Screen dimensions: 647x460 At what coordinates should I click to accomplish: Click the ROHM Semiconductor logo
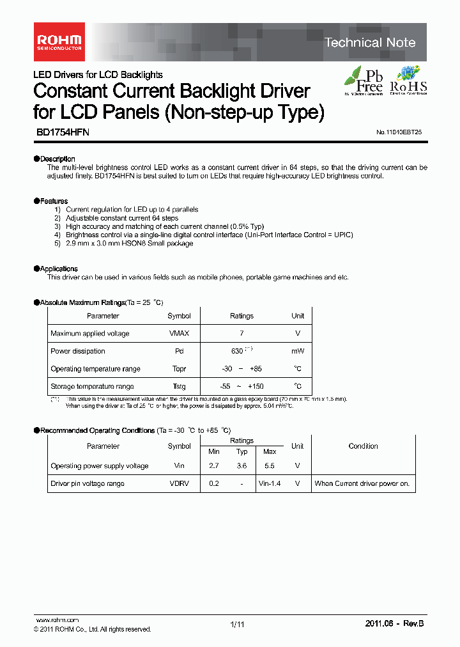(58, 42)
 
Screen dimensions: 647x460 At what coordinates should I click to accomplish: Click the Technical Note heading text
(370, 43)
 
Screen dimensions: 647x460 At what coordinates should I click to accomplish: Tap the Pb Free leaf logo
(364, 81)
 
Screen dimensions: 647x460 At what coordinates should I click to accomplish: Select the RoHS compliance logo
(408, 81)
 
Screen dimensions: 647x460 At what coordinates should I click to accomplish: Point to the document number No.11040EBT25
(399, 132)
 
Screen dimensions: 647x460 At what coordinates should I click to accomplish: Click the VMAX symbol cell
(179, 333)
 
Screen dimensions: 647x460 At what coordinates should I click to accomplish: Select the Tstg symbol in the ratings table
(179, 386)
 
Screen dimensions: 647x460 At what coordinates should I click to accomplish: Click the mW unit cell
(298, 351)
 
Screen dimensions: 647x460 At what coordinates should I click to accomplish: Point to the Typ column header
(241, 452)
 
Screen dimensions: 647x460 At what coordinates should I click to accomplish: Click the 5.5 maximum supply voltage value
(270, 466)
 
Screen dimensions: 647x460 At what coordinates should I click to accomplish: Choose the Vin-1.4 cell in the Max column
(270, 484)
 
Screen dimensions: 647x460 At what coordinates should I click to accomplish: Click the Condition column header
(363, 446)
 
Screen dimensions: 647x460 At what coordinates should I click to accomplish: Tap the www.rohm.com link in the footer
(57, 620)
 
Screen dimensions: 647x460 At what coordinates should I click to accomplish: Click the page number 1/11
(236, 624)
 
